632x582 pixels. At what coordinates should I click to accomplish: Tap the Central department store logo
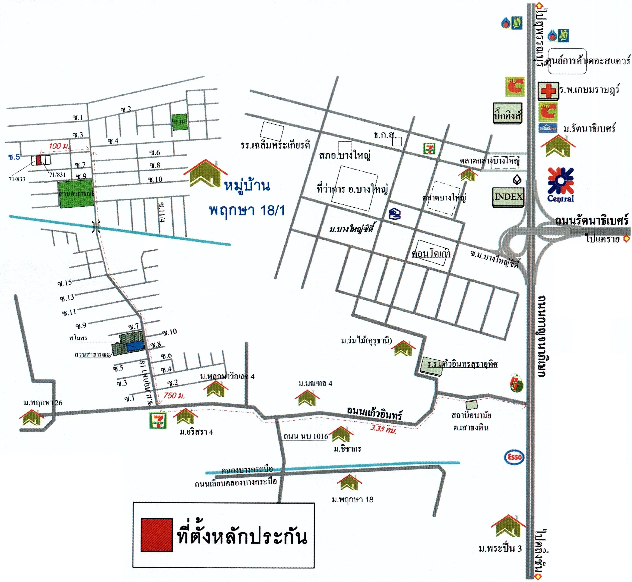point(560,184)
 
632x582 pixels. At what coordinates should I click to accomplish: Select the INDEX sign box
point(508,197)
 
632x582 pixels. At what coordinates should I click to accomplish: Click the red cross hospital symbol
point(548,91)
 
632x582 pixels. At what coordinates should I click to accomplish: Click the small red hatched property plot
point(38,160)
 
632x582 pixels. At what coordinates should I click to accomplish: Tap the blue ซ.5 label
point(14,157)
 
